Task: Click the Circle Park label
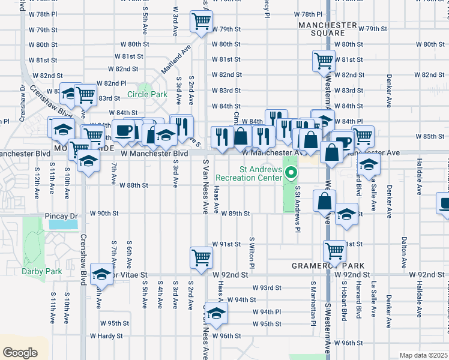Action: coord(147,94)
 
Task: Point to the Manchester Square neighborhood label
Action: coord(328,29)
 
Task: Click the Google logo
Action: coord(20,353)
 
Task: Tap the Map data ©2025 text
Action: coord(423,355)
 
